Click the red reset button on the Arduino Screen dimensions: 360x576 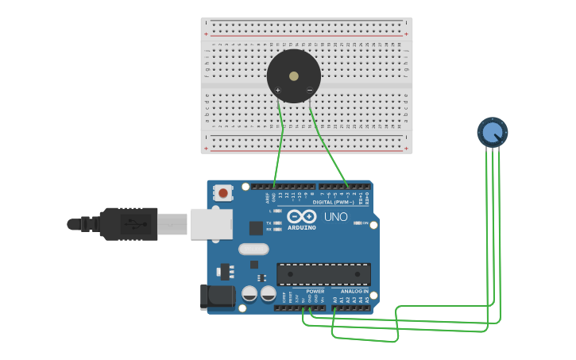(x=223, y=192)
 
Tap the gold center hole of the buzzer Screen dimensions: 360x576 (x=294, y=76)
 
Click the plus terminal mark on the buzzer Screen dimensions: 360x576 (x=278, y=91)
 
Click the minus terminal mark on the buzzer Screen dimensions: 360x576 (x=309, y=90)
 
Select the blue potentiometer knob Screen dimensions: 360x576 (x=493, y=132)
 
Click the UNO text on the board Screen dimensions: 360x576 (x=335, y=216)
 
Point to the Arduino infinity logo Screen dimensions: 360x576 (x=302, y=216)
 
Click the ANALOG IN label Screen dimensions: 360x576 (x=355, y=291)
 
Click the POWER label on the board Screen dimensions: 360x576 (x=315, y=291)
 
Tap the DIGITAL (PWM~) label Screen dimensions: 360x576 (x=334, y=202)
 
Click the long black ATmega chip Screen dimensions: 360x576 (x=323, y=274)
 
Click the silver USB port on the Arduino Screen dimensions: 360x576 (x=211, y=224)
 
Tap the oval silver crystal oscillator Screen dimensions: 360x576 (x=253, y=250)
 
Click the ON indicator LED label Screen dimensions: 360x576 (x=365, y=223)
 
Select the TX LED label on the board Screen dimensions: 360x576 (x=269, y=223)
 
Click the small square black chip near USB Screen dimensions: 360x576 (x=256, y=228)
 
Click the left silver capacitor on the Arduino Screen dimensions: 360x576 (x=249, y=293)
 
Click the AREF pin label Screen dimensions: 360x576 (x=268, y=195)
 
